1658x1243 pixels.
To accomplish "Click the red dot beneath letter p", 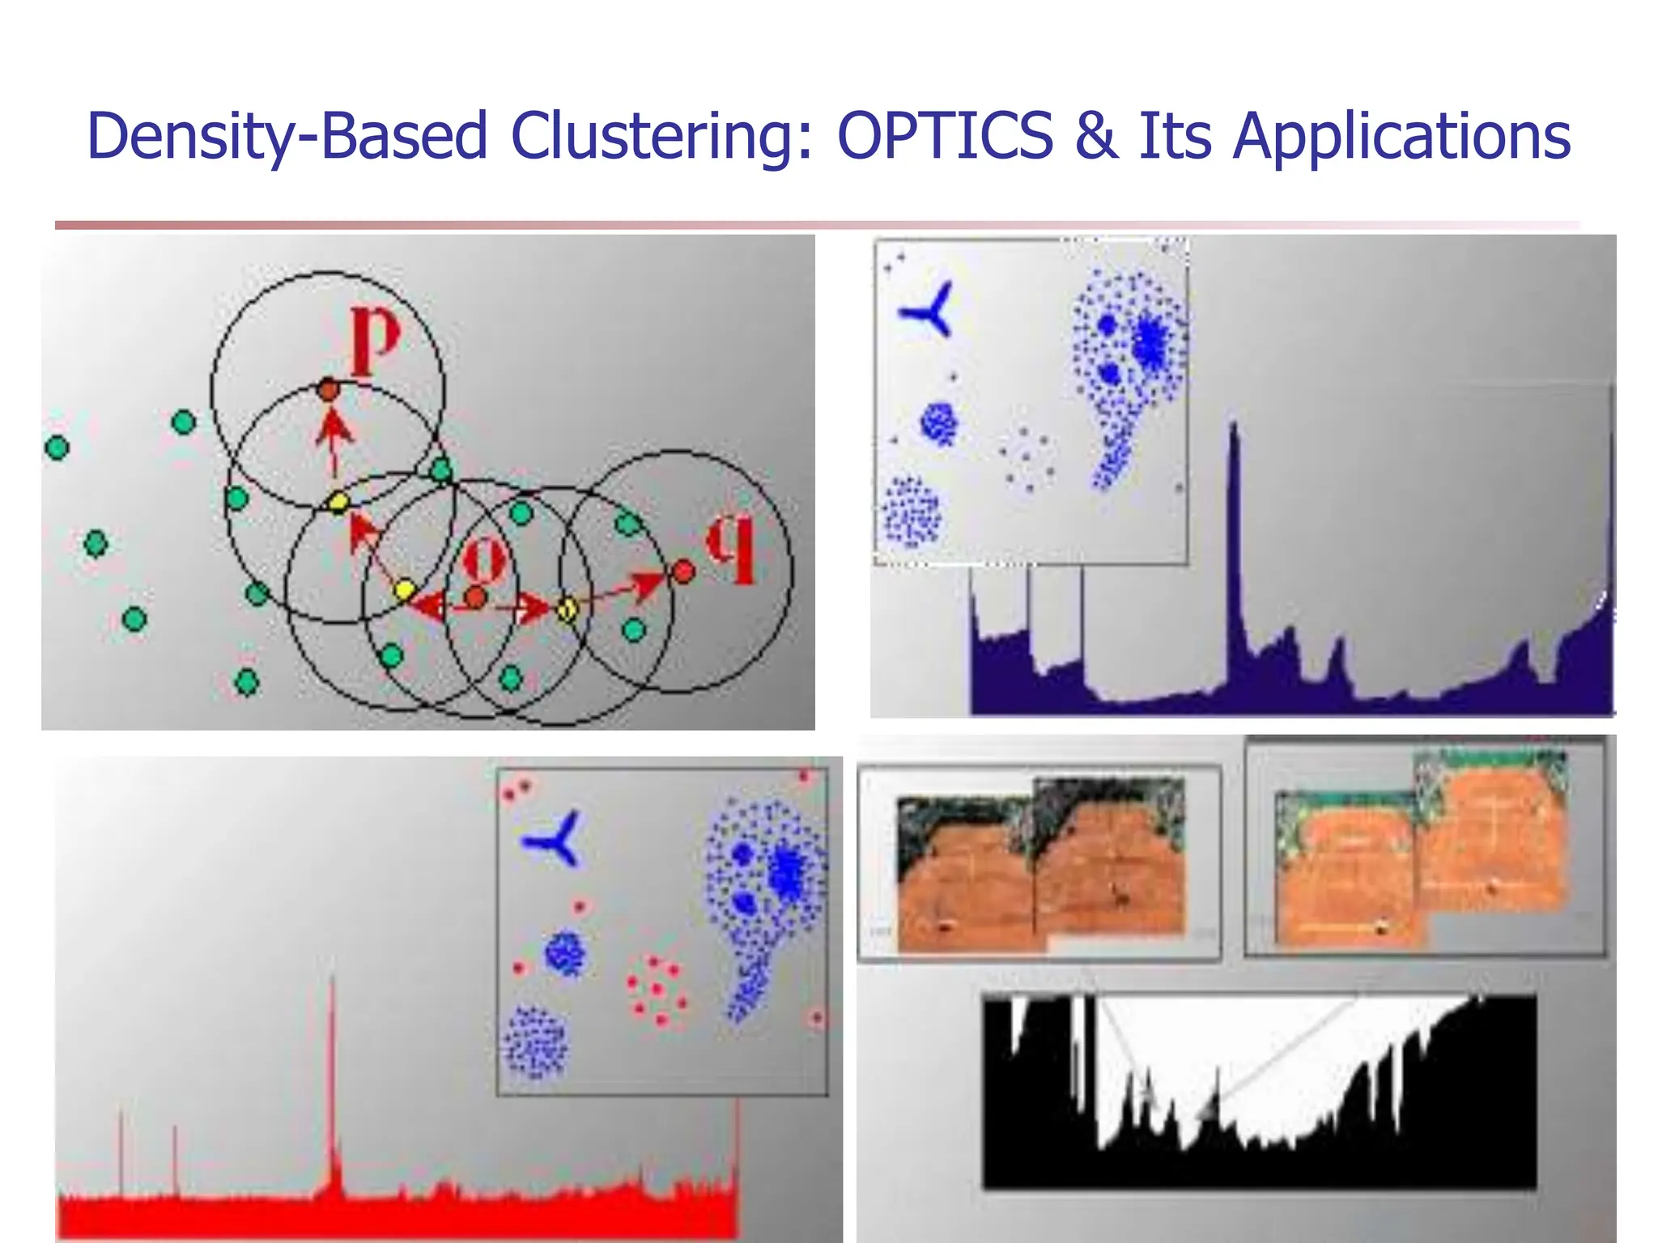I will pos(327,390).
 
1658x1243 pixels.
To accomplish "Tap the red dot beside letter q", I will pos(683,572).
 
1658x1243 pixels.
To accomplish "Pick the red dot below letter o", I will pos(475,598).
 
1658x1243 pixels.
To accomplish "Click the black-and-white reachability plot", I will pos(1259,1092).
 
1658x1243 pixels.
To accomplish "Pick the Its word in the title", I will pos(1175,135).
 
